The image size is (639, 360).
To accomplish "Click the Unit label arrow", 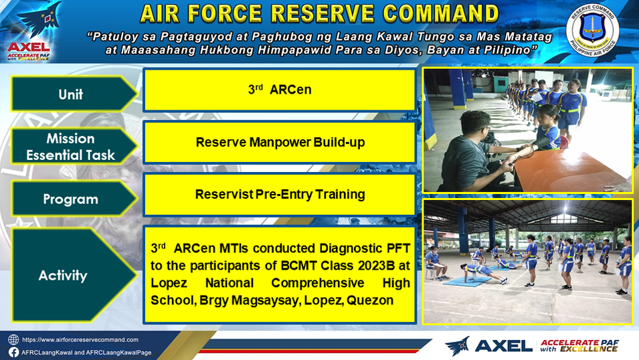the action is coord(74,94).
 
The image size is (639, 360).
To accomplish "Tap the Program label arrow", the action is coord(74,199).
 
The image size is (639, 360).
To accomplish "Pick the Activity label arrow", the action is coord(74,275).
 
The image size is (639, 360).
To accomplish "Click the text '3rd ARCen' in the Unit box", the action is coord(280,89).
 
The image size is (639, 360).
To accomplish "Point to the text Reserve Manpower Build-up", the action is coord(280,143).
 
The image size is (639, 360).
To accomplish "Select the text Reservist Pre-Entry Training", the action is coord(280,195).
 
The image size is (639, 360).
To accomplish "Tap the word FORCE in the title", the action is coord(225,14).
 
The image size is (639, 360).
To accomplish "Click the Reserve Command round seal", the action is coord(592,31).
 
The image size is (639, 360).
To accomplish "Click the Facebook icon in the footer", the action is coord(13,352).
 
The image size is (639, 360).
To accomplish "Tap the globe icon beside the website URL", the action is coord(13,340).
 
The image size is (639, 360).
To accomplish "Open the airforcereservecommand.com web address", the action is coord(80,340).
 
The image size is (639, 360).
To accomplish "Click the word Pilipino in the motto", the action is coord(506,50).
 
